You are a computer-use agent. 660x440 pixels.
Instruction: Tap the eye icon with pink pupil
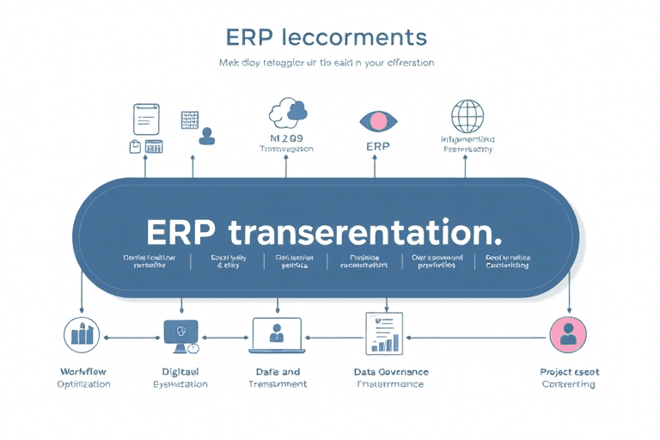click(378, 120)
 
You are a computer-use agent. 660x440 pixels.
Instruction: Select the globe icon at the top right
click(467, 117)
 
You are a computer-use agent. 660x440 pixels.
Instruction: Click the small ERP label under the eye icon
click(378, 147)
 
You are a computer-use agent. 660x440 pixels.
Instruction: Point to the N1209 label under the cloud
click(286, 137)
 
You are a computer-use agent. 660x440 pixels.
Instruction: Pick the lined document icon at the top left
click(146, 118)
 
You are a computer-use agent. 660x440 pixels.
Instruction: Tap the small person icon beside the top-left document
click(205, 136)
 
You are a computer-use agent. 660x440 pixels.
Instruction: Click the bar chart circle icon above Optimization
click(82, 334)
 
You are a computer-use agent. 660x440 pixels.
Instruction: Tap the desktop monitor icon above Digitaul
click(180, 333)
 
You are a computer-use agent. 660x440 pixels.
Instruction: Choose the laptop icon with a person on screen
click(277, 333)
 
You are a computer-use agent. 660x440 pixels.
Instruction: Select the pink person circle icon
click(567, 333)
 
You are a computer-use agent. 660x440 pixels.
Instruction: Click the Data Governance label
click(391, 372)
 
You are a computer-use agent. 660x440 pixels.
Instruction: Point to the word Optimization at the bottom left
click(83, 384)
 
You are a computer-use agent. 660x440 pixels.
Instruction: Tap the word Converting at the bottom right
click(568, 384)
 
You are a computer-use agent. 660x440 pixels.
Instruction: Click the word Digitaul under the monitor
click(180, 372)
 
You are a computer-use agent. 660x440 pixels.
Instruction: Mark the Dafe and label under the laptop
click(277, 372)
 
